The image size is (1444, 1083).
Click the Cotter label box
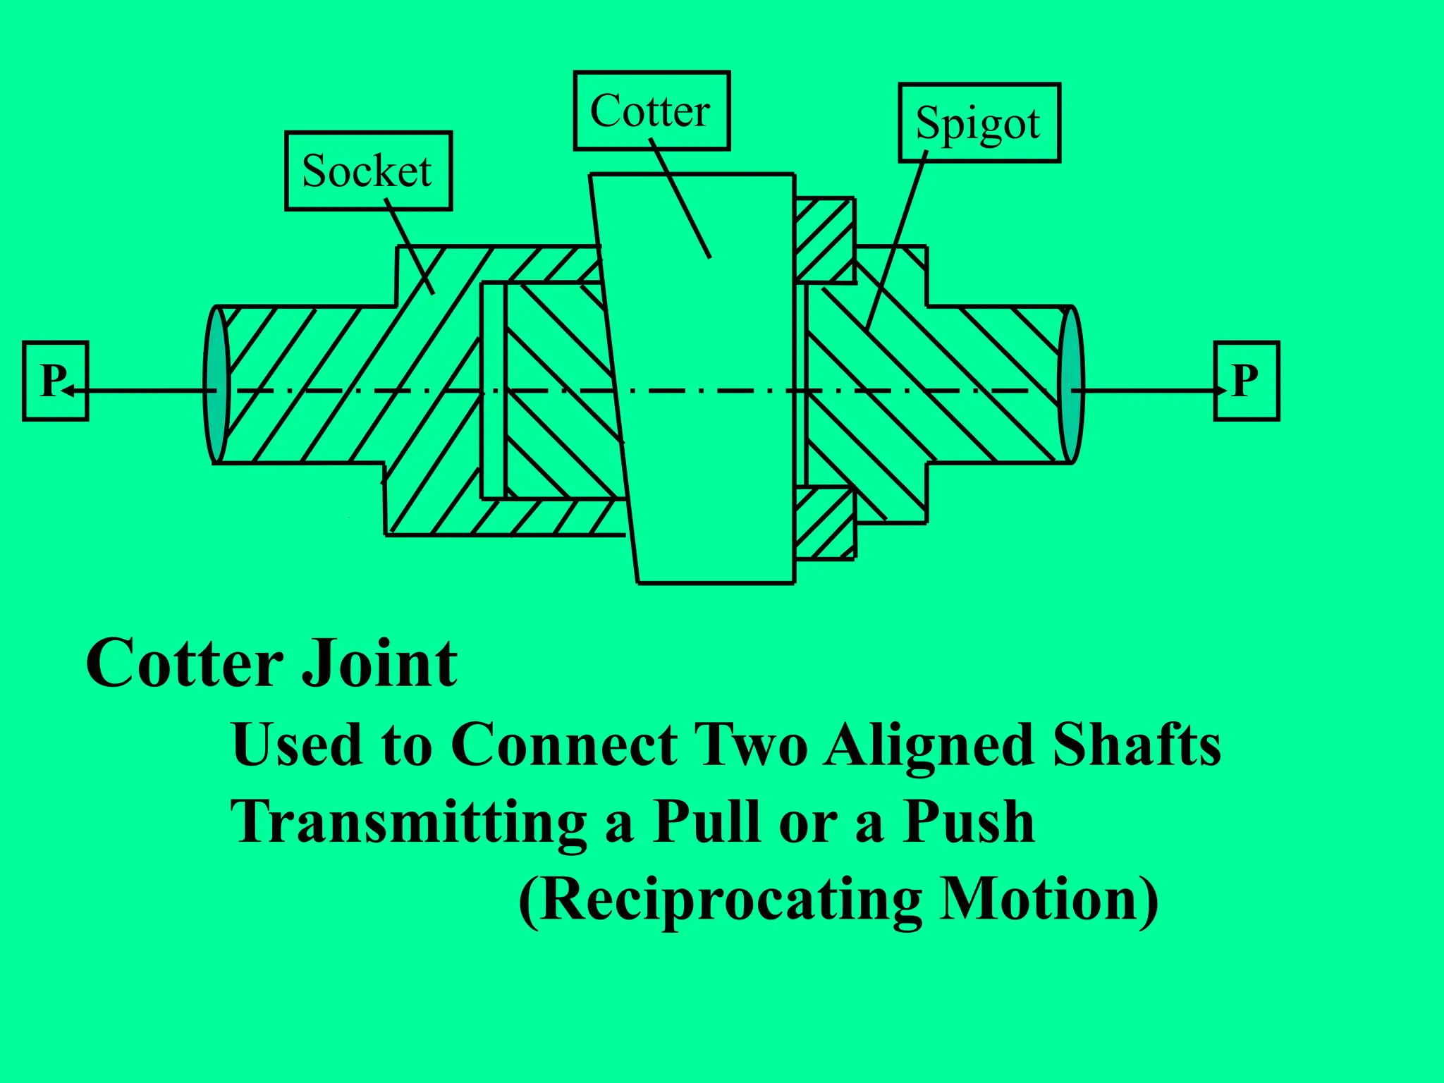click(651, 111)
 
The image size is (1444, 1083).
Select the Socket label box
click(368, 171)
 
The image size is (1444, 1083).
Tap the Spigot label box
click(979, 123)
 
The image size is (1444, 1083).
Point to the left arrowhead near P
click(69, 390)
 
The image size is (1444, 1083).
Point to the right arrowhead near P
click(1220, 390)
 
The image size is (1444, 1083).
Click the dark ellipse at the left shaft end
click(216, 384)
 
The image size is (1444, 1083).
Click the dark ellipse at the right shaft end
click(1071, 384)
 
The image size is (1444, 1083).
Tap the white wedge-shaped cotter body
click(705, 381)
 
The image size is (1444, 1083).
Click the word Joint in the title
click(379, 664)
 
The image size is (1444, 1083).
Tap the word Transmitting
click(409, 823)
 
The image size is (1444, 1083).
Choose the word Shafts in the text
click(1137, 745)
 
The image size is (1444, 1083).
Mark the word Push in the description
click(969, 823)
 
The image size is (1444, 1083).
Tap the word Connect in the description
click(564, 745)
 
